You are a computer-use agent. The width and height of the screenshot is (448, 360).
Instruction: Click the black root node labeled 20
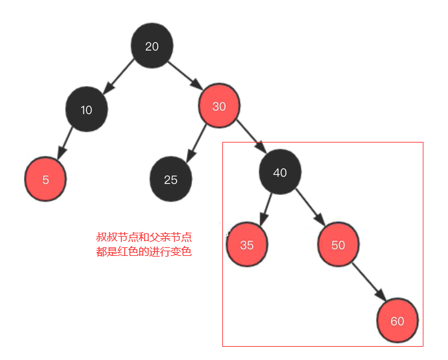(152, 46)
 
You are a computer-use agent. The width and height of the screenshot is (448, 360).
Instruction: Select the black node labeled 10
(86, 109)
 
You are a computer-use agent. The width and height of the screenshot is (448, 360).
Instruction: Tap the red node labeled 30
(218, 106)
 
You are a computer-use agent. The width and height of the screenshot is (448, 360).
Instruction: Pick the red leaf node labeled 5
(45, 179)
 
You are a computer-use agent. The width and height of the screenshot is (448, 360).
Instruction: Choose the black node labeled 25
(171, 179)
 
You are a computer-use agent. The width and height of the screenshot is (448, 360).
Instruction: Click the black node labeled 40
(280, 172)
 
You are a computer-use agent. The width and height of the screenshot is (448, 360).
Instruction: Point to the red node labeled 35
(246, 245)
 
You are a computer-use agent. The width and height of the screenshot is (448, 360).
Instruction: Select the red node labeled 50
(338, 245)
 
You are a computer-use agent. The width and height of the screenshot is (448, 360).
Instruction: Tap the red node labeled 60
(397, 321)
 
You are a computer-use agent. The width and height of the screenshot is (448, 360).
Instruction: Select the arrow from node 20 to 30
(185, 75)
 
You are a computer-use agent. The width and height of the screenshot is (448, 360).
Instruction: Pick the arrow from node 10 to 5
(66, 143)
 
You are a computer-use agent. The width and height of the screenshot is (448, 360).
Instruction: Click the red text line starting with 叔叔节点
(144, 237)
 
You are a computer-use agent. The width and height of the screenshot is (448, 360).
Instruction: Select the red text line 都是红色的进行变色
(144, 252)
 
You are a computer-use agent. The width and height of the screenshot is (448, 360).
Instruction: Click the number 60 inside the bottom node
(397, 321)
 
